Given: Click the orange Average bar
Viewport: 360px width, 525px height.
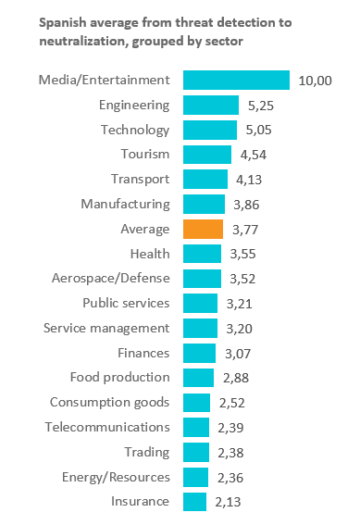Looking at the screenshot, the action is coord(203,229).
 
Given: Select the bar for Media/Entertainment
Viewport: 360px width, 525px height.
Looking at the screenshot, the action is coord(237,80).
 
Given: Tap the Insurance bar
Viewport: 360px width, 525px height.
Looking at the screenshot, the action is coord(194,502).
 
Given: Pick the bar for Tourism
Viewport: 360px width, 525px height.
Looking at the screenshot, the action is coord(207,155).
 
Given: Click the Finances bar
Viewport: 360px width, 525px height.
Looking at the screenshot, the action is coord(199,353).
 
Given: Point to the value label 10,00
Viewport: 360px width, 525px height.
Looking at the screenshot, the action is coord(316,81).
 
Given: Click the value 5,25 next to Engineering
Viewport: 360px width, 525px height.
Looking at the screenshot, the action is coord(261,106).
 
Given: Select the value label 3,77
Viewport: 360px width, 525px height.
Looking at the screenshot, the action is coord(245,230).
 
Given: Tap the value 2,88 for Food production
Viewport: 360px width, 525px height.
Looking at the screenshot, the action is coord(236,378).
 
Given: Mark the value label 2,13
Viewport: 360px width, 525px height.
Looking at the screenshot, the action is coord(228,502).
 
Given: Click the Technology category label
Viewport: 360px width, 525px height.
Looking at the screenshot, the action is coord(135,130).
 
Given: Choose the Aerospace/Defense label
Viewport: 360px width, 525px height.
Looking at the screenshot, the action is coord(111,278).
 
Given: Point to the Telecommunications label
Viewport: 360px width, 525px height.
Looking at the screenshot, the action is coord(107,427).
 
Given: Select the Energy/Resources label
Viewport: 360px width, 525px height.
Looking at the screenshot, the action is coord(116,477).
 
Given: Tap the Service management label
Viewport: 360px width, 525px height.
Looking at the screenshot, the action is coord(106,328).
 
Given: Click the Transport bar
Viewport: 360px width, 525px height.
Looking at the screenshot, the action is coord(205,179).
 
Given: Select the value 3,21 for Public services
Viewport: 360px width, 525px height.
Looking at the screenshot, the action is coord(239,304).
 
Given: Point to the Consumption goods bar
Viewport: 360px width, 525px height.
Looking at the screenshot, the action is coord(197,403).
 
